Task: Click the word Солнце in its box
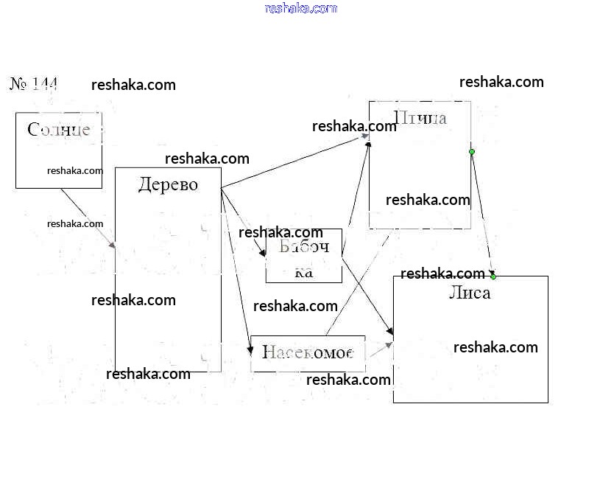59,130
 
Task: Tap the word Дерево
168,184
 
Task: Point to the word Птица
421,118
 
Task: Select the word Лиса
470,293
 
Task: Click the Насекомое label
308,352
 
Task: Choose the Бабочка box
303,256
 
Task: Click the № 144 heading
34,83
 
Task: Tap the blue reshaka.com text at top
300,8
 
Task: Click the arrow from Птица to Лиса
482,214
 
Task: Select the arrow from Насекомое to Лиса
379,349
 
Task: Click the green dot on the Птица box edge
472,152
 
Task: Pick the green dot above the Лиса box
493,276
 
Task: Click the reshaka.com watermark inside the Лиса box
495,347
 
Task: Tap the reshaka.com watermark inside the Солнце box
75,170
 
